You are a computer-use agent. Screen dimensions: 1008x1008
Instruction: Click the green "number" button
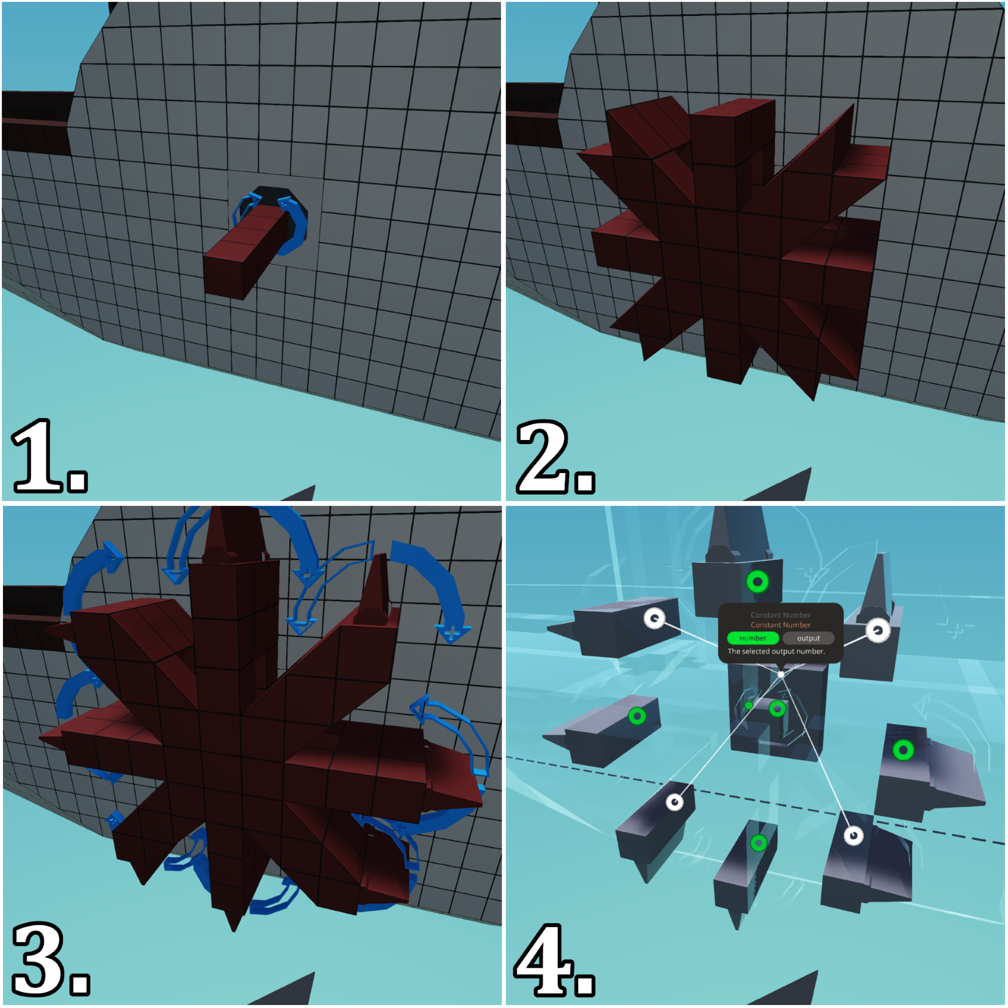tap(752, 638)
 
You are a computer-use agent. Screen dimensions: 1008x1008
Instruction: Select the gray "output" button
tap(808, 638)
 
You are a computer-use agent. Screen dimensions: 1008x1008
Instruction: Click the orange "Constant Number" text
tap(780, 625)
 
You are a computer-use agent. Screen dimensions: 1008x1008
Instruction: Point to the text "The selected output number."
tap(776, 651)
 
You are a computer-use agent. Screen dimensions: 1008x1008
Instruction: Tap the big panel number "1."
tap(49, 456)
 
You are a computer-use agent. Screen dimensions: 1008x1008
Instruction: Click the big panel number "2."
tap(556, 457)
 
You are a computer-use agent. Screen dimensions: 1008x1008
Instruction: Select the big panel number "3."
tap(51, 959)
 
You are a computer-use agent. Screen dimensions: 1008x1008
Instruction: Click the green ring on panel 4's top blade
tap(757, 582)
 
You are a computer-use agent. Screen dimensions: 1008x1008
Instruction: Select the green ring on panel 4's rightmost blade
tap(903, 750)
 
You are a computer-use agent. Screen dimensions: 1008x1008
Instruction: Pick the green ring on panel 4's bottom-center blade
tap(758, 843)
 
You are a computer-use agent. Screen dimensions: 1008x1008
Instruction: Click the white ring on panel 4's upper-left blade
tap(655, 618)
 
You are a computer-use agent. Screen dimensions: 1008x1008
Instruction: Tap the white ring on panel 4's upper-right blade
tap(878, 630)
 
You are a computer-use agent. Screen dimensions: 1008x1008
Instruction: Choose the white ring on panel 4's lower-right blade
tap(853, 835)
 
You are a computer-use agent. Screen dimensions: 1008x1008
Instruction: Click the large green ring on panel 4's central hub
tap(777, 708)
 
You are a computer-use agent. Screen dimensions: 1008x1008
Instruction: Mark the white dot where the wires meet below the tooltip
tap(781, 674)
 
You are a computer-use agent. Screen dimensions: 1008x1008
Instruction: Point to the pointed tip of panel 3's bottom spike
tap(234, 932)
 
